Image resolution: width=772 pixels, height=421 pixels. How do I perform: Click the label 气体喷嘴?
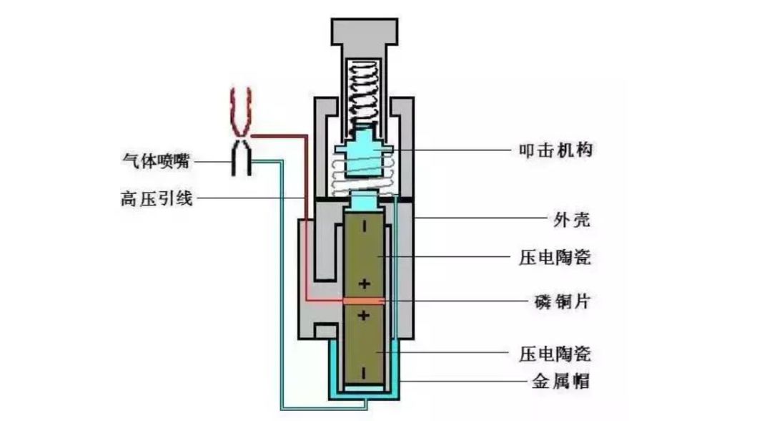pyautogui.click(x=156, y=162)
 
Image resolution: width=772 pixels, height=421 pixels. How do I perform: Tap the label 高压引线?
pyautogui.click(x=156, y=198)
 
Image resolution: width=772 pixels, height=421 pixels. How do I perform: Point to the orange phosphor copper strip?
pyautogui.click(x=365, y=301)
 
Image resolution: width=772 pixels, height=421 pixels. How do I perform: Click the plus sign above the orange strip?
pyautogui.click(x=365, y=284)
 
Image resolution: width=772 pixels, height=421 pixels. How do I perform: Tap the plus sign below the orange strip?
pyautogui.click(x=365, y=316)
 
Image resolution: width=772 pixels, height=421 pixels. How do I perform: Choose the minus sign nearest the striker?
pyautogui.click(x=365, y=228)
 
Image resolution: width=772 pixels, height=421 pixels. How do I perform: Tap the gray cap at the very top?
pyautogui.click(x=365, y=32)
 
